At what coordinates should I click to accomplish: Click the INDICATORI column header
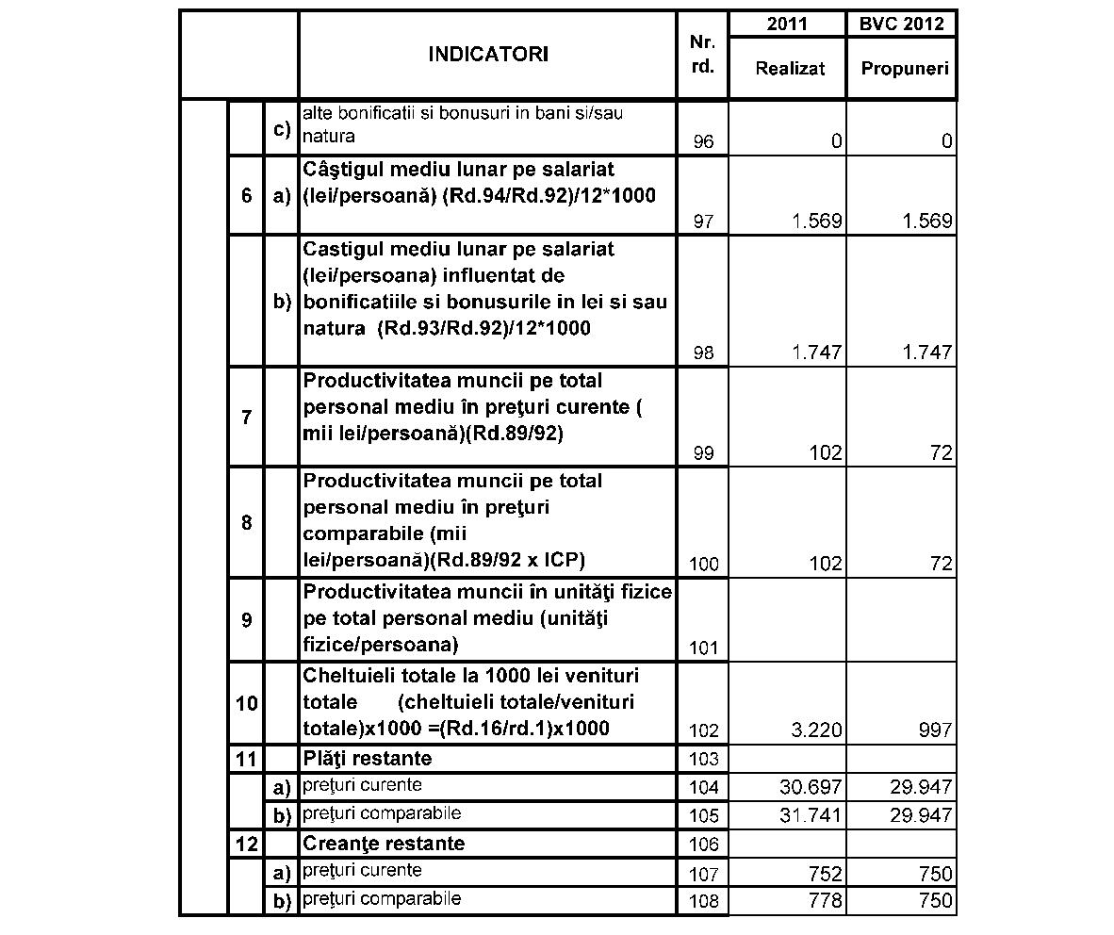tap(487, 55)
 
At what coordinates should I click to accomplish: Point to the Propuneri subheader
tap(904, 69)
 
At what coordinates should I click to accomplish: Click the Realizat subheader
tap(790, 69)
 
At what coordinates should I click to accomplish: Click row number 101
tap(703, 648)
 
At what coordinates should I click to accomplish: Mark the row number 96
tap(703, 142)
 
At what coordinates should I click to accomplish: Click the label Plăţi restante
tap(368, 758)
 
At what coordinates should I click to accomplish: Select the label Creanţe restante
tap(384, 843)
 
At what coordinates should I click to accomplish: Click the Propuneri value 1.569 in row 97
tap(926, 222)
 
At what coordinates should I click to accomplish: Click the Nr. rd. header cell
tap(702, 55)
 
